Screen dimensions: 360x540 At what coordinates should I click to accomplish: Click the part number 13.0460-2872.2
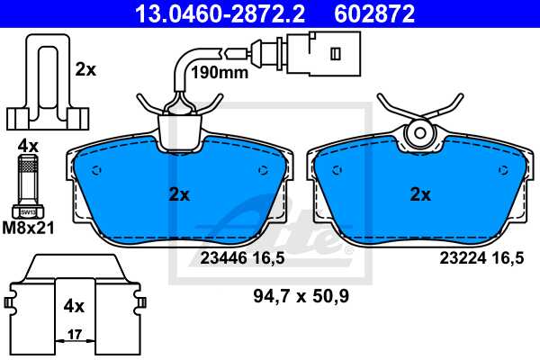(206, 13)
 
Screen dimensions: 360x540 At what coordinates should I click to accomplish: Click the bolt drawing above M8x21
(28, 184)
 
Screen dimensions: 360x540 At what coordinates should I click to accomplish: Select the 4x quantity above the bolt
(28, 145)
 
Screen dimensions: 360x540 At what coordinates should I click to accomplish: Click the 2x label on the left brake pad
(179, 193)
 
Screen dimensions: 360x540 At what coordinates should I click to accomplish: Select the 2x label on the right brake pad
(420, 193)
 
